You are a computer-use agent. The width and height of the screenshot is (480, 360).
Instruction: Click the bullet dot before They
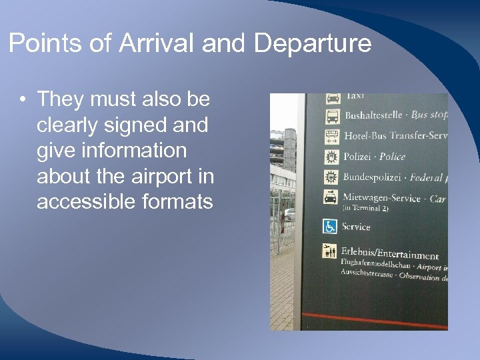coord(23,100)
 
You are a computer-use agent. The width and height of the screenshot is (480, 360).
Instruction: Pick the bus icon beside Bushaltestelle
coord(332,117)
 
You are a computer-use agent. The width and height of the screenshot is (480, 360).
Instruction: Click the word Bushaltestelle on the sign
coord(373,115)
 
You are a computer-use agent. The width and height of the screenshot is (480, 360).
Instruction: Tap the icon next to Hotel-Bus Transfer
coord(332,137)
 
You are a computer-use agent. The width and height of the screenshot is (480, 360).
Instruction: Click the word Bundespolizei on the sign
coord(372,177)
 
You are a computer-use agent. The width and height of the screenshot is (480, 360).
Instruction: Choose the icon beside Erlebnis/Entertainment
coord(331,251)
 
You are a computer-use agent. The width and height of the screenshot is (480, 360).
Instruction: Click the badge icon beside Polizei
coord(331,157)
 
